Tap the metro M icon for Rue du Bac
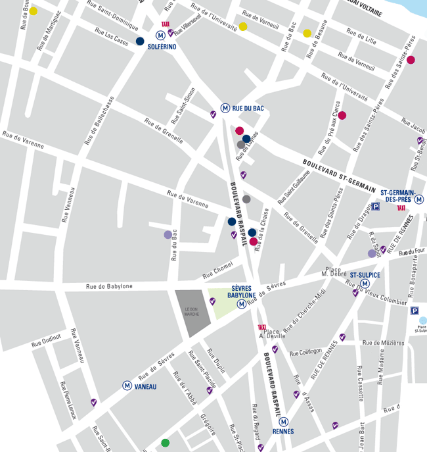tap(225, 109)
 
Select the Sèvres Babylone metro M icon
tap(241, 304)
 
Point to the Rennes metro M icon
tap(284, 421)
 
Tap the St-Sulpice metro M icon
tap(365, 284)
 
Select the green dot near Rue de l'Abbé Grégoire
tap(165, 443)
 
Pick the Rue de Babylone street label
tap(109, 286)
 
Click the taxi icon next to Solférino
tap(165, 24)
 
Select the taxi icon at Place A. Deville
tap(261, 327)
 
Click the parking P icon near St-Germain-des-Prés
tap(376, 207)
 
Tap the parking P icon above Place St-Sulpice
tap(415, 311)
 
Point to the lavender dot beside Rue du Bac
tap(168, 234)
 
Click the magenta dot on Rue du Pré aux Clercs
tap(342, 115)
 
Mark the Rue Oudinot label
tap(47, 336)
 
